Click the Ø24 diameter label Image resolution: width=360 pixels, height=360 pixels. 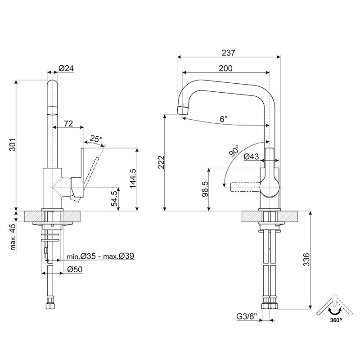pos(66,68)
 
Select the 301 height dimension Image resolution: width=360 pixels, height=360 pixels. pos(13,144)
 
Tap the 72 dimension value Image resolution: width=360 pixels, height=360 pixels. pos(69,123)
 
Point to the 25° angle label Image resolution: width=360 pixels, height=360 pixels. pos(96,139)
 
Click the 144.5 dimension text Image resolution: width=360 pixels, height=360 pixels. pos(132,179)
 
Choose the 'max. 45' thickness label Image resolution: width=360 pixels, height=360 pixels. pos(13,237)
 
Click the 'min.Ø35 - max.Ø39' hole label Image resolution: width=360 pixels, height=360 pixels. pos(100,256)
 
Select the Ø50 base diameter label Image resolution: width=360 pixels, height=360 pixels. pos(74,269)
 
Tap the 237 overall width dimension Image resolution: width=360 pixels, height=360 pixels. pos(229,53)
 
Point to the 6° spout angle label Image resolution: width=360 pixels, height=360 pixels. pos(224,119)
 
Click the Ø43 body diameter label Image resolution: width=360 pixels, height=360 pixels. pos(251,157)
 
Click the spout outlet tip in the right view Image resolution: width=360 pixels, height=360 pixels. pos(181,110)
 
